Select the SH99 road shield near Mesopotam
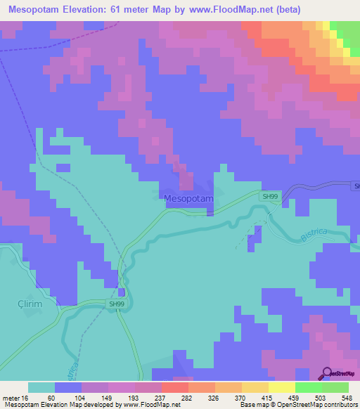tap(269, 197)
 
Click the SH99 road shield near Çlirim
tap(117, 304)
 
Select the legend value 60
tap(51, 397)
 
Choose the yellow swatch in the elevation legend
tap(281, 387)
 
